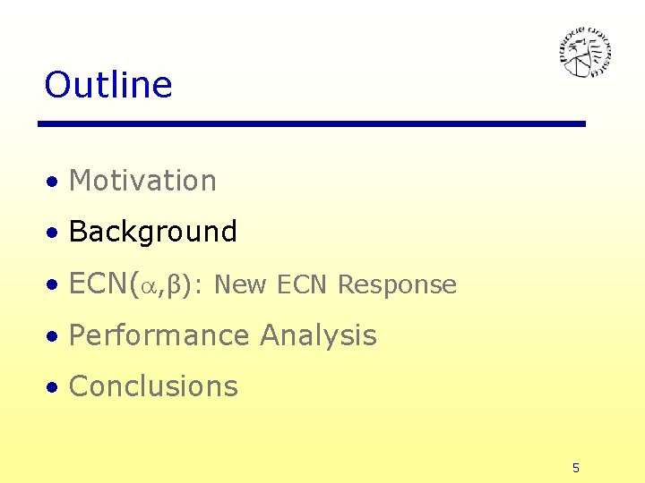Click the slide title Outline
tap(107, 85)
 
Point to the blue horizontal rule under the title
tap(312, 123)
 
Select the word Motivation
tap(142, 181)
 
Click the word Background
tap(152, 232)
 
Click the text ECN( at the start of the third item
tap(104, 284)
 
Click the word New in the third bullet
tap(242, 285)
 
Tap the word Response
tap(397, 286)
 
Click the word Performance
tap(159, 335)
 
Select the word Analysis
tap(318, 335)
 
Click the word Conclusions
tap(153, 386)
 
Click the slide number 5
tap(576, 468)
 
